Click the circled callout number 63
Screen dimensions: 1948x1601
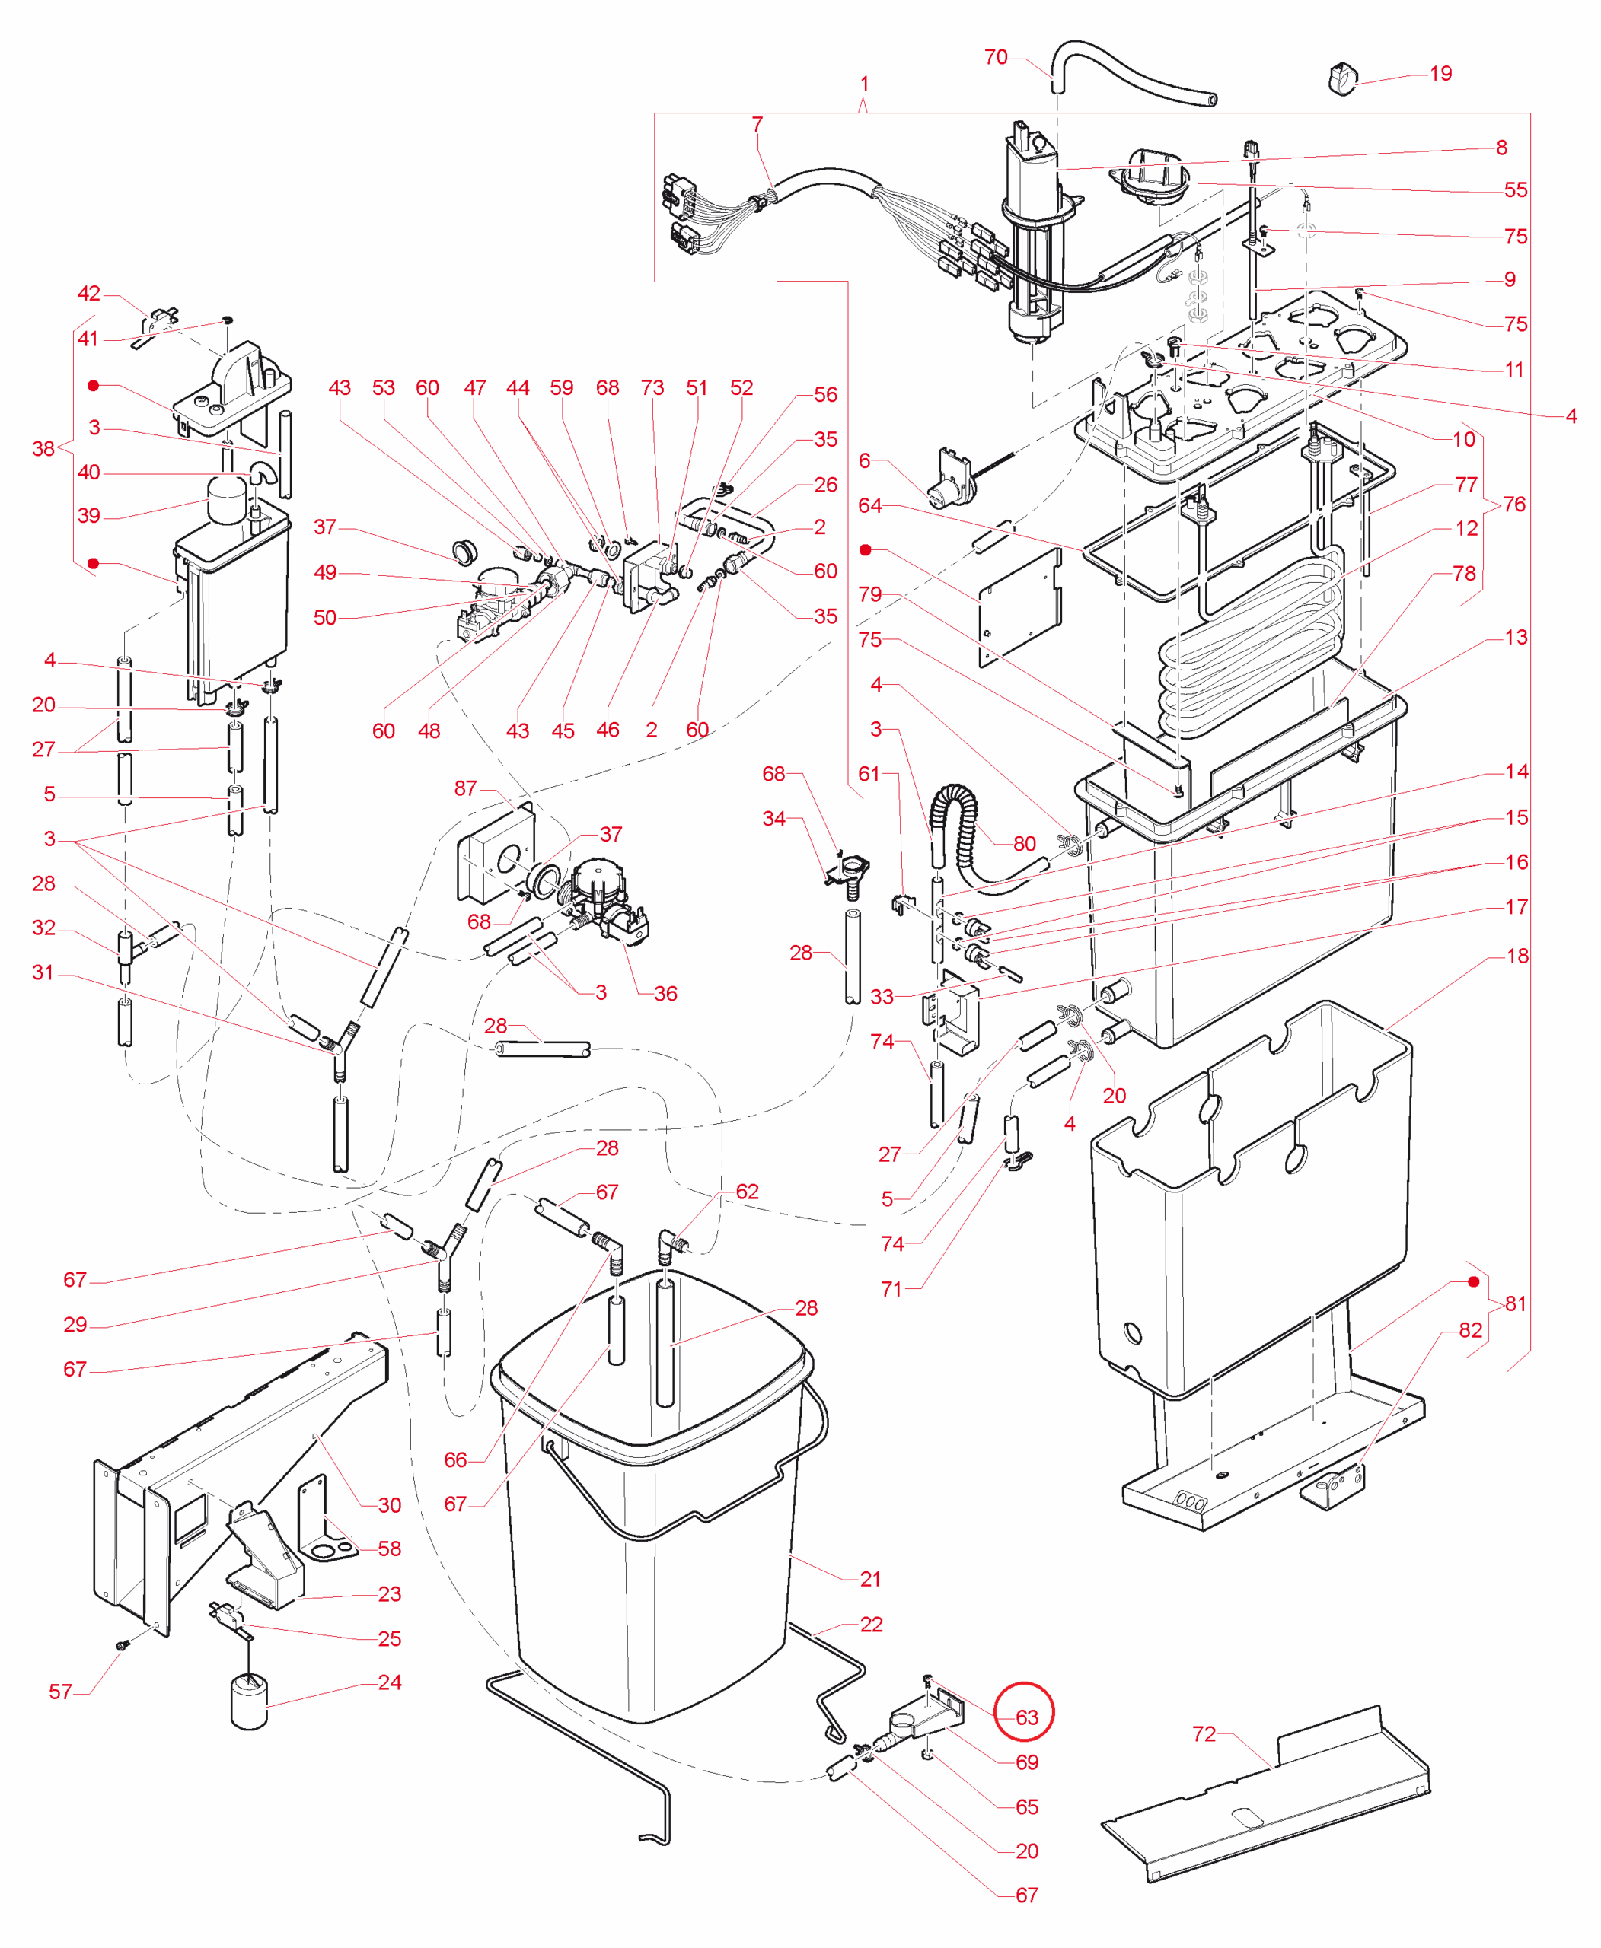(1025, 1717)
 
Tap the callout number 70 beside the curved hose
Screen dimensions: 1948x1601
(996, 57)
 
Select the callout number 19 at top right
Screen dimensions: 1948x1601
(1440, 74)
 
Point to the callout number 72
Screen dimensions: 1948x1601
(1204, 1733)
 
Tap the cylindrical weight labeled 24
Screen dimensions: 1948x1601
(248, 1702)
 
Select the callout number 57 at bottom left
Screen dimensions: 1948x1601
(60, 1692)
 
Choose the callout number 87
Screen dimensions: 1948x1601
(466, 788)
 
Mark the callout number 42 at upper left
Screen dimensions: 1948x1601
(88, 293)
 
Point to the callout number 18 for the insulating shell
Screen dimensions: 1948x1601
(1517, 956)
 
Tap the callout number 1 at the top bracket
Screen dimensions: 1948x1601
(864, 84)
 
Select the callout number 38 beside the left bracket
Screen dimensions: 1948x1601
(43, 449)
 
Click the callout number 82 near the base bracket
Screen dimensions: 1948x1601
(1470, 1330)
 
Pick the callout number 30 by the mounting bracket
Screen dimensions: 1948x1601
(389, 1505)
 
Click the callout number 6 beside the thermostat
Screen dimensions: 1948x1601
(864, 460)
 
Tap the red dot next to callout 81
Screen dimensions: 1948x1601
(1474, 1282)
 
